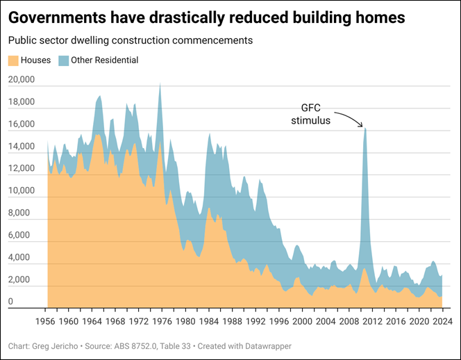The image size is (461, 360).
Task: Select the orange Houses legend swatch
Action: tap(13, 60)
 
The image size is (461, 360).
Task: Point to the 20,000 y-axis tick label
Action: tap(21, 81)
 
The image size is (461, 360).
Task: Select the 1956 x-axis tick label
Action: tap(47, 322)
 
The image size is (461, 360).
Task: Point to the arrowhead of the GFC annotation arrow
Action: tap(362, 126)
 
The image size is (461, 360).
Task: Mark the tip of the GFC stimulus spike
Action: tap(365, 129)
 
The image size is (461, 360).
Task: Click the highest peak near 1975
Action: tap(160, 84)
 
